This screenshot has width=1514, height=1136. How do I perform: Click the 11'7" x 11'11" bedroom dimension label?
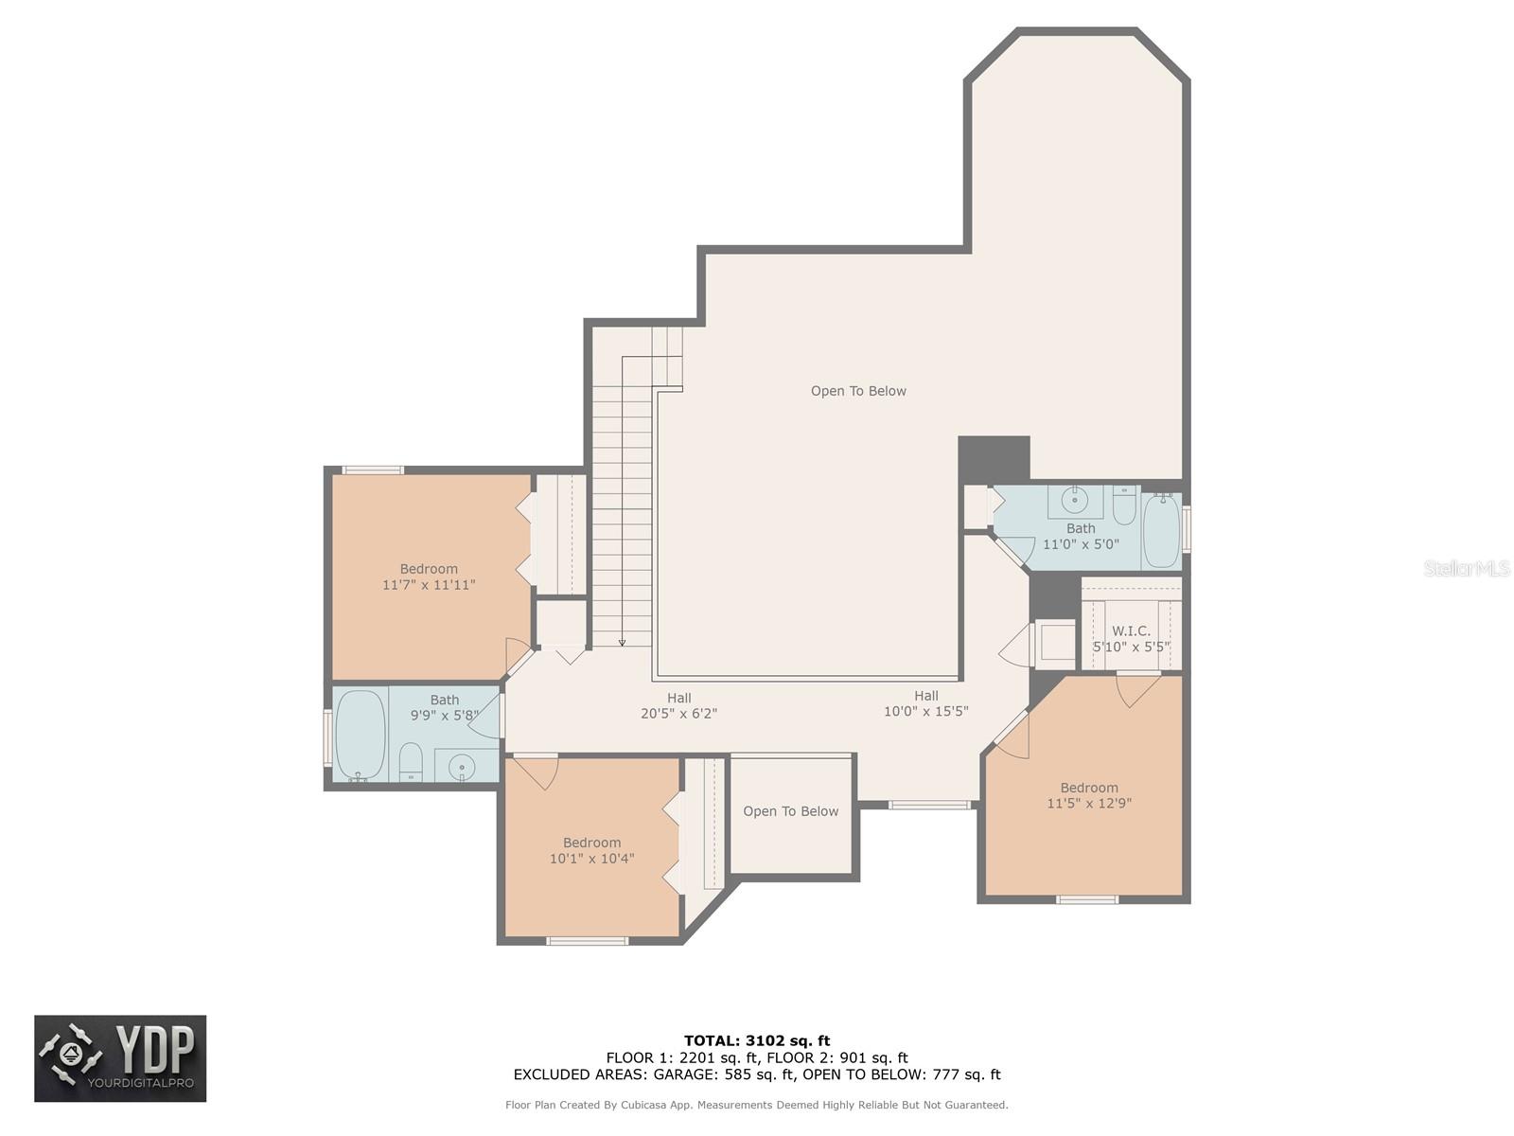coord(429,585)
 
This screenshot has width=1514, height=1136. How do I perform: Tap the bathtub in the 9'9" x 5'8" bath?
coord(360,735)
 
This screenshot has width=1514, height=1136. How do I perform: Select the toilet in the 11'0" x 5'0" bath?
coord(1124,505)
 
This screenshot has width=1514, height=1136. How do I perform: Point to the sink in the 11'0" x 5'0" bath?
coord(1074,500)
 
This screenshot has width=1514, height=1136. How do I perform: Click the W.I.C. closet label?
coord(1131,630)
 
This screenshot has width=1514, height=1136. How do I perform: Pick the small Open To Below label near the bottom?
coord(790,811)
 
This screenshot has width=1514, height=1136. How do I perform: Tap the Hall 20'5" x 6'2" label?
coord(678,705)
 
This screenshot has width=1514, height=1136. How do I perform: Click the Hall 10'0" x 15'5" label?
coord(925,703)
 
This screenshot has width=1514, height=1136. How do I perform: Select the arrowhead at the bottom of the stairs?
coord(622,643)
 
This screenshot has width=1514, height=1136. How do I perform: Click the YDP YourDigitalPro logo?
coord(120,1058)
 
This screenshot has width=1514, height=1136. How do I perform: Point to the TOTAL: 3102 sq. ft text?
coord(757,1040)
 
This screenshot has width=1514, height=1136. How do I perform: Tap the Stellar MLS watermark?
coord(1467,568)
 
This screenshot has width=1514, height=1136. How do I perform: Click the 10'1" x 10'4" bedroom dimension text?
coord(591,859)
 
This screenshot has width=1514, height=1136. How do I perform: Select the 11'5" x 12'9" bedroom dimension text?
coord(1089,803)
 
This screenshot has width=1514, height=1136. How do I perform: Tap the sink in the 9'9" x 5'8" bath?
coord(462,766)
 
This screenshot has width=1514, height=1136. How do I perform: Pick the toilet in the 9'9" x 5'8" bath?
coord(411,762)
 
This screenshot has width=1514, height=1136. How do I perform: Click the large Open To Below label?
coord(858,391)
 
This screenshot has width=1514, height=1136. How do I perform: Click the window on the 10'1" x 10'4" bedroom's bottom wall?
coord(587,941)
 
